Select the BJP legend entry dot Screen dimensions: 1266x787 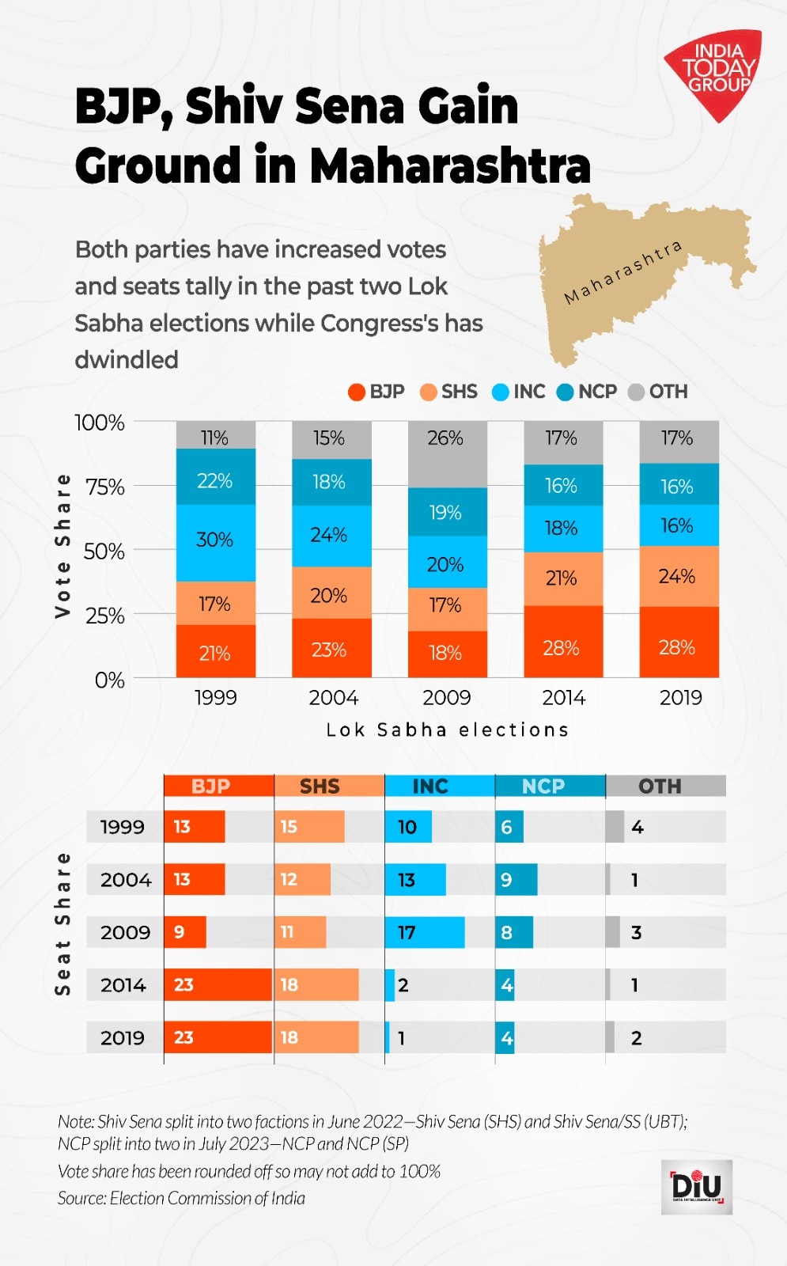pos(357,392)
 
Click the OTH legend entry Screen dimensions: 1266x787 pos(658,392)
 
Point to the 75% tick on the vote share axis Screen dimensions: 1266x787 pos(105,487)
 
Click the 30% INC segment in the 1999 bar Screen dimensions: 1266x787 pos(215,540)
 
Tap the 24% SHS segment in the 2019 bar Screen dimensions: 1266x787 pos(678,576)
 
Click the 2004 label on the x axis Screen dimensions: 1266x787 pos(333,698)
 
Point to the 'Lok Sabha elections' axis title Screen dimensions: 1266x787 pos(448,730)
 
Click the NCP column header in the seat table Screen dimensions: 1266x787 pos(544,787)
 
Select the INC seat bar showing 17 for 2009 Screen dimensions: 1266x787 pos(425,932)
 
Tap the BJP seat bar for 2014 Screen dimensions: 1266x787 pos(218,985)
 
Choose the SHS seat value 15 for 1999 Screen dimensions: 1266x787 pos(289,827)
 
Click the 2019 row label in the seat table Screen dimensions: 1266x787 pos(123,1038)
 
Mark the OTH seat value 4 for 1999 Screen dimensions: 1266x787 pos(638,827)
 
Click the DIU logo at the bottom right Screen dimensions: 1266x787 pos(697,1187)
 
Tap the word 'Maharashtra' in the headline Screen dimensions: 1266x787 pos(450,166)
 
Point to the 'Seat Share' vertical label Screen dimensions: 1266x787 pos(63,923)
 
